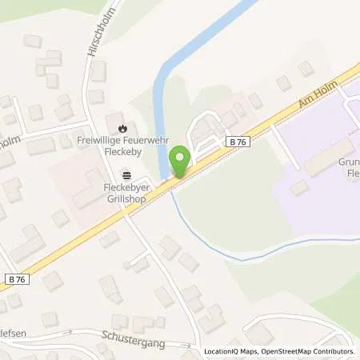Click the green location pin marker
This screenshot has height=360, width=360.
(x=181, y=162)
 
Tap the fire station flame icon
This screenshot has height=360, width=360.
(x=122, y=127)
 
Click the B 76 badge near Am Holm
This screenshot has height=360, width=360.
(x=236, y=141)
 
